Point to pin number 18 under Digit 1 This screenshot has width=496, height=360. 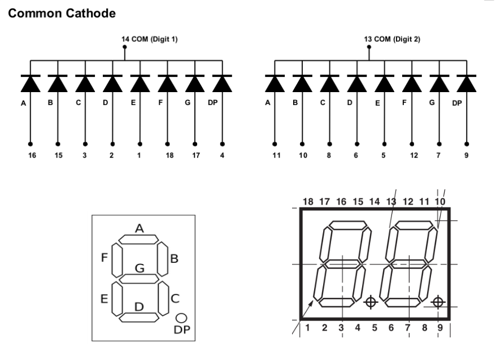[168, 154]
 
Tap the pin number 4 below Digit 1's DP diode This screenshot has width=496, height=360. [222, 154]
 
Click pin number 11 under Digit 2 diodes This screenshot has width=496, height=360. [275, 154]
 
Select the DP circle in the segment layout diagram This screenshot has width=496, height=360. [181, 318]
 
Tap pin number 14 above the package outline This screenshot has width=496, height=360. [374, 201]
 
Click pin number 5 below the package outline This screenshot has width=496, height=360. [374, 326]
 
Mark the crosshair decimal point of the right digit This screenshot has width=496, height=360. [437, 302]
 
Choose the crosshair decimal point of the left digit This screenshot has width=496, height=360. [371, 302]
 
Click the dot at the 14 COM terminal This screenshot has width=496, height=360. [125, 49]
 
